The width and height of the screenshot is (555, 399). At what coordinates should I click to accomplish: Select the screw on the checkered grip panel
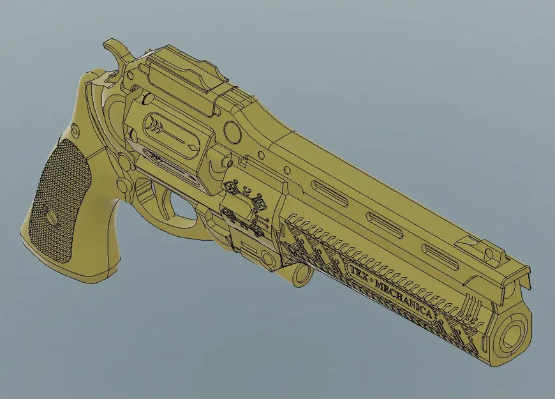coord(52,215)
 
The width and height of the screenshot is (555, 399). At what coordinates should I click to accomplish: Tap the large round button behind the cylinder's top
coord(232,133)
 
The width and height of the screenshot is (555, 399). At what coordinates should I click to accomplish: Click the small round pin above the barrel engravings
coord(286,171)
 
